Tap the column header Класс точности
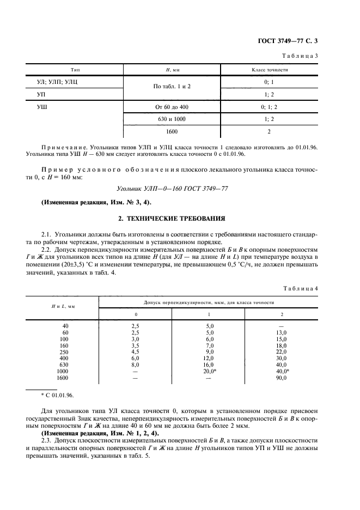(x=269, y=70)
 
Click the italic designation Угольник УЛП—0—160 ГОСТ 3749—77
(x=179, y=188)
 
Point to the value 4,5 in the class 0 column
(x=136, y=351)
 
